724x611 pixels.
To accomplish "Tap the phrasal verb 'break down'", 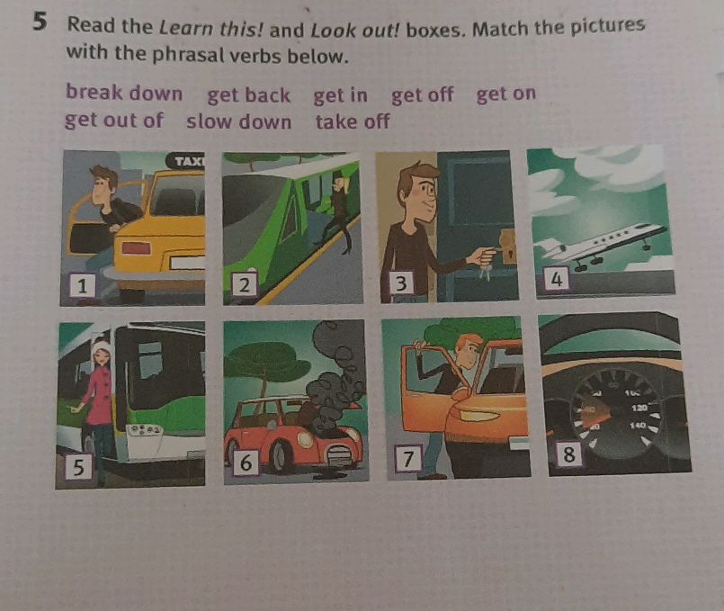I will (123, 93).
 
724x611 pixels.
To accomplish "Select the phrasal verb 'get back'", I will (248, 95).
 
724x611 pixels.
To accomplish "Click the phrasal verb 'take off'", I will (352, 121).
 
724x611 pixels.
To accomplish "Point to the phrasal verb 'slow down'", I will (238, 121).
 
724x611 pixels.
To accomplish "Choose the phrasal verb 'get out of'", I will (113, 120).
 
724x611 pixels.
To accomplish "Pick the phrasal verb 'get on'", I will (505, 94).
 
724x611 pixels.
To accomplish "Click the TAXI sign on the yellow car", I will (189, 161).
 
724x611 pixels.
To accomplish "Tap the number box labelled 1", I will (83, 286).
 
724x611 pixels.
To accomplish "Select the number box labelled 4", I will (558, 280).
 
